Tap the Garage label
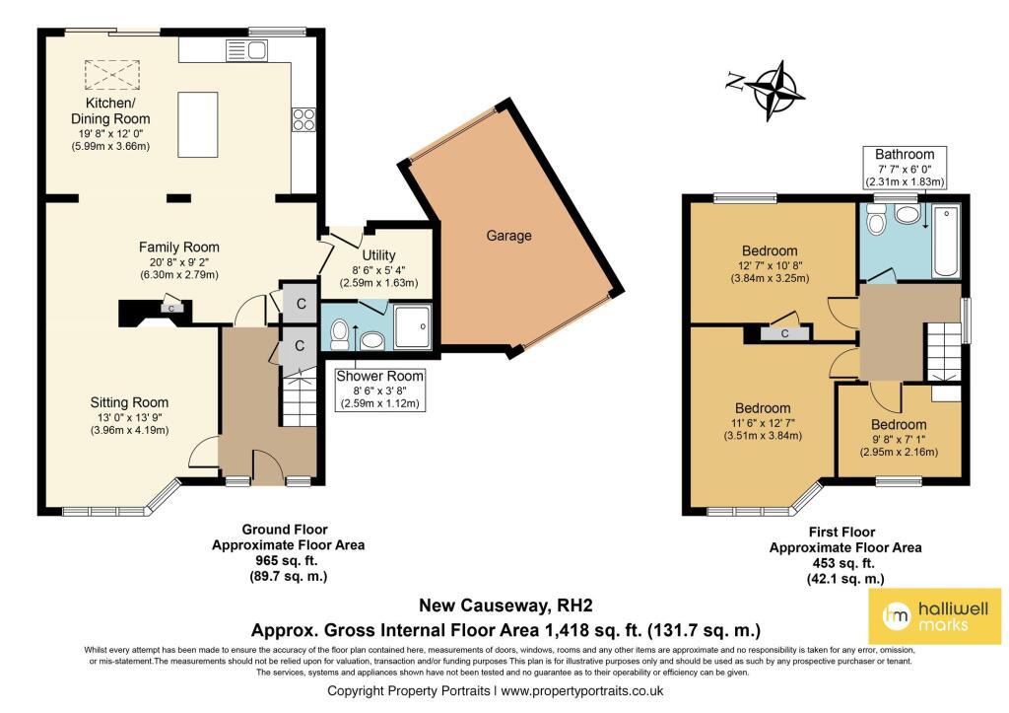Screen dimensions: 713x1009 click(x=507, y=236)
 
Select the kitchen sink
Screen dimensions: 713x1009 click(x=246, y=50)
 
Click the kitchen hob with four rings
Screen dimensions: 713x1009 click(x=303, y=119)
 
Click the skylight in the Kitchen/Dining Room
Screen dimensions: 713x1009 click(x=101, y=74)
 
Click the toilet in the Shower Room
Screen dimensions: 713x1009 click(x=338, y=334)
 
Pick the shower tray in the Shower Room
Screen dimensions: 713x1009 click(x=411, y=326)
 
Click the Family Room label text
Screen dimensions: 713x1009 click(x=178, y=247)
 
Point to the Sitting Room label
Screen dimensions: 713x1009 click(x=129, y=402)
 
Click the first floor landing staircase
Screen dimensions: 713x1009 click(x=942, y=350)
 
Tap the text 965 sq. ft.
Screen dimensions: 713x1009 click(x=270, y=561)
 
